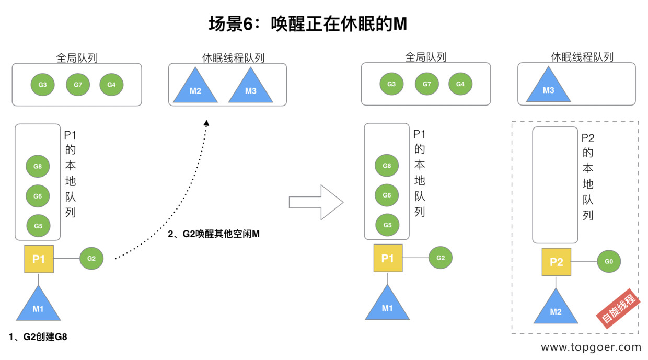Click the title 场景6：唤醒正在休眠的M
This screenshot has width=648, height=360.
tap(308, 24)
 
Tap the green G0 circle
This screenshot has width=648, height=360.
tap(609, 261)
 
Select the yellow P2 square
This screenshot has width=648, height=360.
tap(557, 262)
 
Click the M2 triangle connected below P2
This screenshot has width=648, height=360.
tap(556, 307)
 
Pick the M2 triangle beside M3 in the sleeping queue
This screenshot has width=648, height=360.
tap(195, 86)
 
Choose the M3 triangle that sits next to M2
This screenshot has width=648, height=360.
tap(250, 86)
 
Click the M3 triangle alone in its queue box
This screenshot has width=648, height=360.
tap(548, 85)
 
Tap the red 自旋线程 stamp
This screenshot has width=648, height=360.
tap(619, 308)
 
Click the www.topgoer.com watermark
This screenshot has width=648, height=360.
tap(591, 347)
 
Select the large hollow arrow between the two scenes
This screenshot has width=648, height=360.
tap(316, 202)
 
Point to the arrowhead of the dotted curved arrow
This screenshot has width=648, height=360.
tap(206, 123)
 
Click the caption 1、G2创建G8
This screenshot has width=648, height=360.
tap(38, 337)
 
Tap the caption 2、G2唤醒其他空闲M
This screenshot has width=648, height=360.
tap(214, 234)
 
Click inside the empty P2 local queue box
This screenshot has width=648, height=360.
tap(555, 185)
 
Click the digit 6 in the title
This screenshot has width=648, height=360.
tap(248, 24)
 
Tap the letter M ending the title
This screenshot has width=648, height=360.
tap(400, 24)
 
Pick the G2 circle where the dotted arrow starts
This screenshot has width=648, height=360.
tap(91, 258)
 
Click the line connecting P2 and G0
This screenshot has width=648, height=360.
tap(584, 261)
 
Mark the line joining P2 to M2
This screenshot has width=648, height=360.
tap(556, 282)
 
